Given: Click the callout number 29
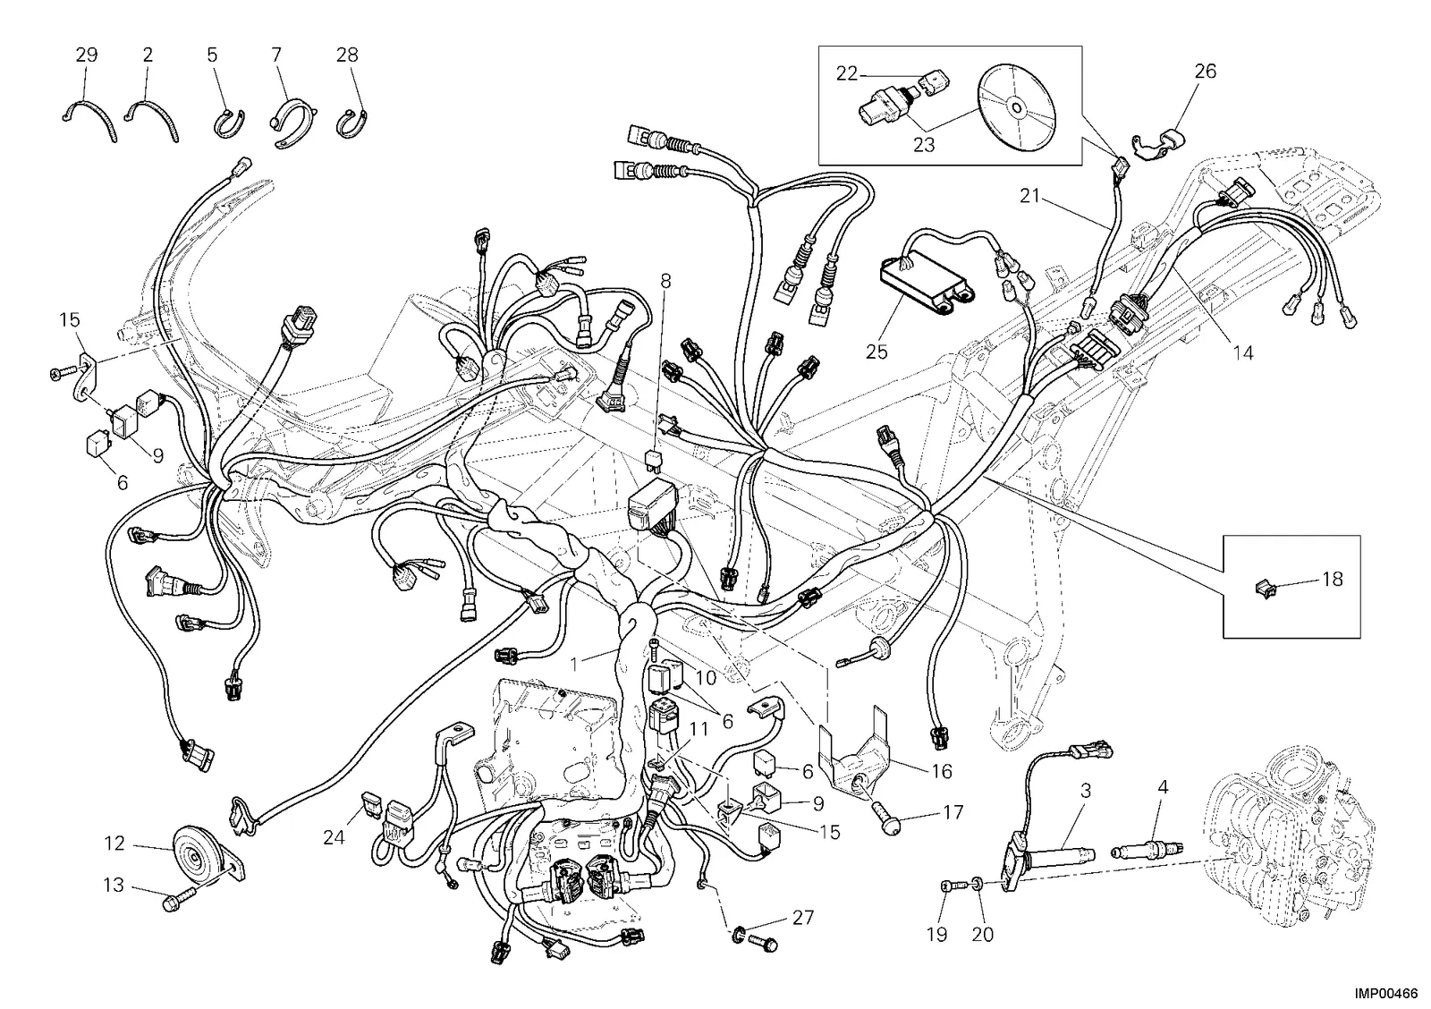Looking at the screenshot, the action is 87,55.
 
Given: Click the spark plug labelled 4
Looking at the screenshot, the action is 1148,849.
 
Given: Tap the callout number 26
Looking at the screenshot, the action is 1206,72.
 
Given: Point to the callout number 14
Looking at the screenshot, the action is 1243,352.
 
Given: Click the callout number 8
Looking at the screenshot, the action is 666,280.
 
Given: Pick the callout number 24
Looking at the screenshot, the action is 334,837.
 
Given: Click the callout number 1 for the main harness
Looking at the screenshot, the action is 575,665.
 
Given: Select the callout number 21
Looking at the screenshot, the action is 1029,197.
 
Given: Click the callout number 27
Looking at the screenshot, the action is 803,919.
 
